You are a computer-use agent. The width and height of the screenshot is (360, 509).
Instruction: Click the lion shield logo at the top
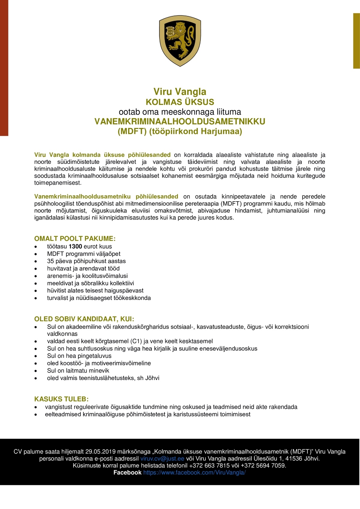click(180, 41)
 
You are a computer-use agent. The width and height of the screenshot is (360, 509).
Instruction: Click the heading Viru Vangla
click(180, 91)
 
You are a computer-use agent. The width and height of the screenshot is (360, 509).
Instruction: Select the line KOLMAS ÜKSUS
click(180, 102)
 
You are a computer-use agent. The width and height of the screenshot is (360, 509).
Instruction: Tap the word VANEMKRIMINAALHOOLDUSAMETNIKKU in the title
click(180, 121)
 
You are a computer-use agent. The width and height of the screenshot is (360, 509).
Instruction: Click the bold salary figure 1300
click(75, 247)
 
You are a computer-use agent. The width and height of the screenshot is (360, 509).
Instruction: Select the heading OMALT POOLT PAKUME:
click(75, 239)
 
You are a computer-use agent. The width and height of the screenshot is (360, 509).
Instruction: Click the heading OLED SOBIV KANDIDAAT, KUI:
click(84, 319)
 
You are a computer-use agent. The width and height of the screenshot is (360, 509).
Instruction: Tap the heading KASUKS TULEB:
click(61, 399)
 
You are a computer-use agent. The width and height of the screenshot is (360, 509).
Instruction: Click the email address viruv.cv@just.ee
click(162, 459)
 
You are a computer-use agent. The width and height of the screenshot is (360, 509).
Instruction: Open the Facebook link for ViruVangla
click(194, 473)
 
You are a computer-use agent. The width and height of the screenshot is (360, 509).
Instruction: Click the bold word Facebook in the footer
click(127, 473)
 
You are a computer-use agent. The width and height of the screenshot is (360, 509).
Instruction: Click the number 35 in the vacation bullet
click(50, 261)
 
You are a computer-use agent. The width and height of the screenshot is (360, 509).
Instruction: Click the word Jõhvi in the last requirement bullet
click(152, 378)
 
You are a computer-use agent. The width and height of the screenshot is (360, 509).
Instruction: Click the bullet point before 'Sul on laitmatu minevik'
click(36, 371)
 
